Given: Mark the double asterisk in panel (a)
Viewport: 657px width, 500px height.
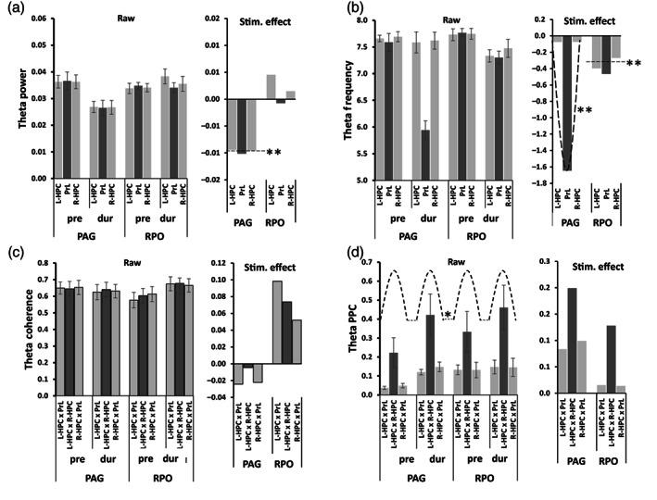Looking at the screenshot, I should (273, 151).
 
